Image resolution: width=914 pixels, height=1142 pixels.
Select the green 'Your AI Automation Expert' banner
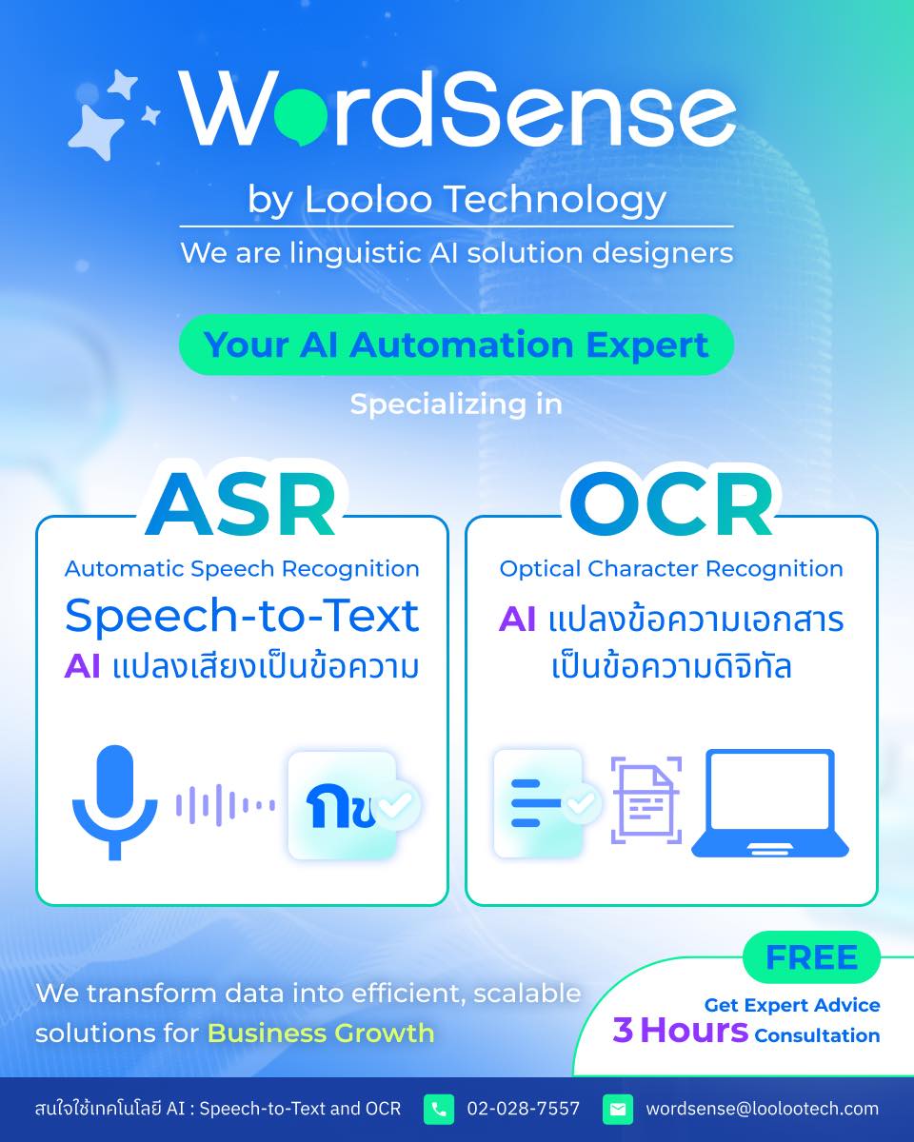(x=456, y=345)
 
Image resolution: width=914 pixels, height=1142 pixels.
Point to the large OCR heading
(x=671, y=505)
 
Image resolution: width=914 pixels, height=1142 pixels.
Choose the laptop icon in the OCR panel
(x=769, y=803)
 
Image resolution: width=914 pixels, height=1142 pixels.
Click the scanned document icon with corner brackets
(x=646, y=800)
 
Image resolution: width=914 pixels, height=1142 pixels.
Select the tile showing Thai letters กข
(x=343, y=805)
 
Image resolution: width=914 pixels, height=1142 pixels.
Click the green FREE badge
(x=811, y=957)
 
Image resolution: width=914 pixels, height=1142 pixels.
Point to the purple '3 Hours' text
(x=680, y=1030)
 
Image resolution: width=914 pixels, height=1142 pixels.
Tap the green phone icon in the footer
(x=439, y=1110)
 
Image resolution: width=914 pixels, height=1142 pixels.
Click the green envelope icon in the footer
(x=617, y=1110)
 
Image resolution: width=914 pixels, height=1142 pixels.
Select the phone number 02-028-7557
(x=523, y=1110)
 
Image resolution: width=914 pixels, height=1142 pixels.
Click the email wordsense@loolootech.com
(x=762, y=1110)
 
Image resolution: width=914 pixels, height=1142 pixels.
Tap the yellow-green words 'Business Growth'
(x=321, y=1033)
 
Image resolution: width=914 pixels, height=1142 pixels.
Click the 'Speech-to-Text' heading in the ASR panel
(x=242, y=616)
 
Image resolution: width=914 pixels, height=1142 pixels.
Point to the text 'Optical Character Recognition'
(x=671, y=569)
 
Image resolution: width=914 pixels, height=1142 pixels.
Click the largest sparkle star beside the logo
(x=97, y=130)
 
